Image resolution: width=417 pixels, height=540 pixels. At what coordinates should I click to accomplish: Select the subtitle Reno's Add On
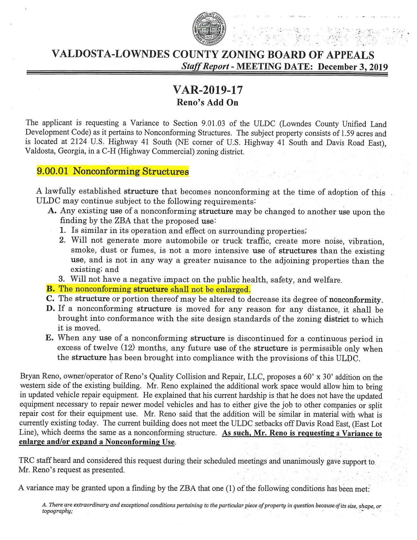point(208,102)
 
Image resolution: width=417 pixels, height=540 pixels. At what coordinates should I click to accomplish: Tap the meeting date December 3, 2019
point(353,67)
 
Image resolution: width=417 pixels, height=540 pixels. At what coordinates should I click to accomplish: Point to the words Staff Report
point(205,66)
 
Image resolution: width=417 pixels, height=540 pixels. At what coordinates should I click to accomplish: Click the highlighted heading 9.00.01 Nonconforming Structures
point(113,171)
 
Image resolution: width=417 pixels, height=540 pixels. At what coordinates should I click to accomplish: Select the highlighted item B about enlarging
point(149,289)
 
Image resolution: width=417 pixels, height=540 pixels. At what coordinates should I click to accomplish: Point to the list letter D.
point(50,309)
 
